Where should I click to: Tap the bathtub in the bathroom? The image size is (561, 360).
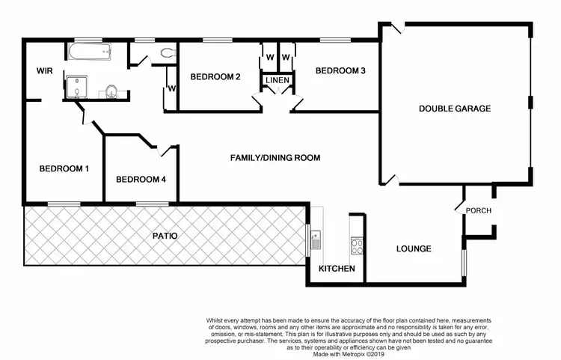click(x=89, y=52)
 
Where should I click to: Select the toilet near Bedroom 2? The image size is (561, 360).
click(x=166, y=52)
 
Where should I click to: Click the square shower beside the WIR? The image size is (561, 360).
click(x=76, y=87)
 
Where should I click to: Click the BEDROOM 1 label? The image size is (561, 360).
click(x=64, y=168)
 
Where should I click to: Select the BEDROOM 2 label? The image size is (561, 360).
click(x=215, y=76)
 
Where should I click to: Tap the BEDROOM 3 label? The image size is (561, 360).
click(x=340, y=71)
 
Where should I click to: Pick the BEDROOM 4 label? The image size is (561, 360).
click(x=141, y=180)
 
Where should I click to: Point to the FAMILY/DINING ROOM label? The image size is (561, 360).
click(x=275, y=158)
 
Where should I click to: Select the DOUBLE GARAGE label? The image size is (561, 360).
click(x=454, y=109)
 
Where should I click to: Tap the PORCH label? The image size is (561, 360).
click(x=479, y=210)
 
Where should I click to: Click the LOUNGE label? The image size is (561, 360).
click(x=413, y=248)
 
